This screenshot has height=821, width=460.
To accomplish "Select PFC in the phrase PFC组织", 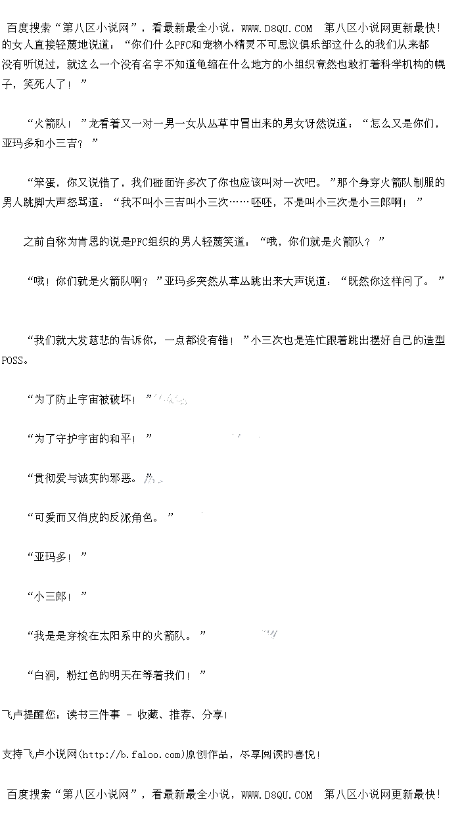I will coord(139,242).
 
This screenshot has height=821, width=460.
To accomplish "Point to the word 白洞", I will coord(45,675).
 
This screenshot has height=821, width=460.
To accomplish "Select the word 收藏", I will coord(147,715).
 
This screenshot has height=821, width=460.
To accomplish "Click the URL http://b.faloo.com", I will coord(131,754).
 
